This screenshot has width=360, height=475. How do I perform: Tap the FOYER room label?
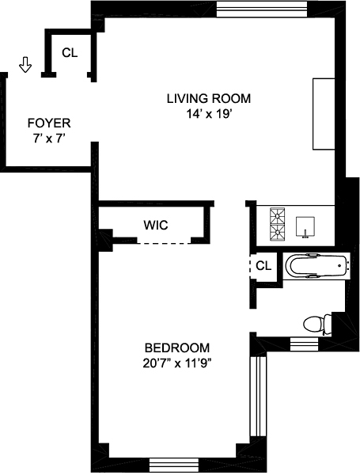pos(49,123)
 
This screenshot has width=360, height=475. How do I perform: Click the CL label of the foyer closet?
pos(70,53)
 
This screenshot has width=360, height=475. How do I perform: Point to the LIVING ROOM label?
pos(208,99)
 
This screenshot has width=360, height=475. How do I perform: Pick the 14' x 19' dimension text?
pos(208,114)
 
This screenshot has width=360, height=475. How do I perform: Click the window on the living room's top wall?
pos(262,9)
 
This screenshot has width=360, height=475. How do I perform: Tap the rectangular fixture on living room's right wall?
pos(324,113)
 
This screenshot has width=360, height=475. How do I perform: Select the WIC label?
pos(155,224)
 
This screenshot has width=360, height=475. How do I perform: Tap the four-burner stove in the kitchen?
pos(278,223)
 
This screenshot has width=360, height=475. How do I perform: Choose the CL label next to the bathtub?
pos(263,266)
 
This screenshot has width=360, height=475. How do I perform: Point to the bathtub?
pos(316,266)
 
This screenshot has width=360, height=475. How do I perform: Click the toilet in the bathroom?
pos(316,323)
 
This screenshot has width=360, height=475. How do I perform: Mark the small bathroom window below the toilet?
pos(301,343)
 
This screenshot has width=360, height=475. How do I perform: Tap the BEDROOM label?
pos(176,348)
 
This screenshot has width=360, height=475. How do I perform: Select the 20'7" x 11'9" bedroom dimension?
pos(176,363)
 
